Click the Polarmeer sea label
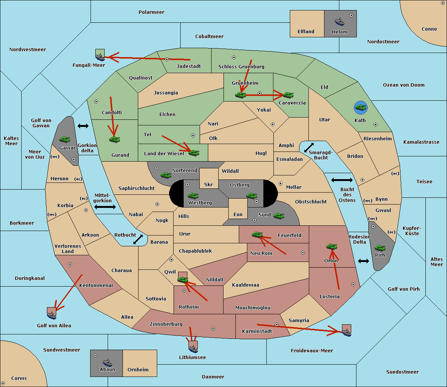point(151,12)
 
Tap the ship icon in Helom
point(339,22)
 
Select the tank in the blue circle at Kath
point(361,108)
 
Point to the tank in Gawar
point(64,139)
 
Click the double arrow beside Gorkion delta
point(83,126)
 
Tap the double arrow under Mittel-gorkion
point(105,207)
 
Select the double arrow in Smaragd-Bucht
point(309,147)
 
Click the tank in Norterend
point(166,175)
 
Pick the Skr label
point(208,185)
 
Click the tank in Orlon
point(332,247)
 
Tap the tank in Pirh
point(380,248)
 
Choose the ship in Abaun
point(107,362)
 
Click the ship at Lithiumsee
point(193,349)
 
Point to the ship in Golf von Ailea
point(52,315)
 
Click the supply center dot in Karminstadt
point(277,325)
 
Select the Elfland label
point(306,32)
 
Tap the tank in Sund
point(279,216)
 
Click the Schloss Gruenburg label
point(241,67)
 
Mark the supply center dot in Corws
point(3,383)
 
